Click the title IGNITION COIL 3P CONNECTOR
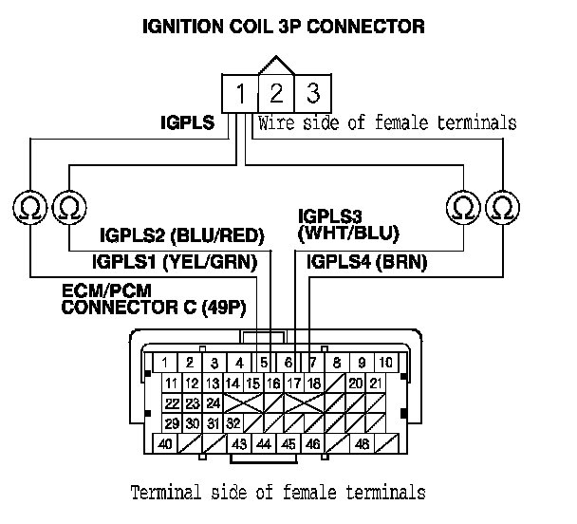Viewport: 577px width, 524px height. (x=282, y=27)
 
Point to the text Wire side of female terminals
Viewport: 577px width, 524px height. (x=388, y=122)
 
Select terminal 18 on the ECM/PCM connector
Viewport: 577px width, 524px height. (x=314, y=383)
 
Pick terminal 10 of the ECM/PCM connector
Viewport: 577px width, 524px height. (x=385, y=363)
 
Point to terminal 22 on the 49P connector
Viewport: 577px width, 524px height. (x=172, y=402)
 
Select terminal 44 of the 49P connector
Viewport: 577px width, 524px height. (x=263, y=442)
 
